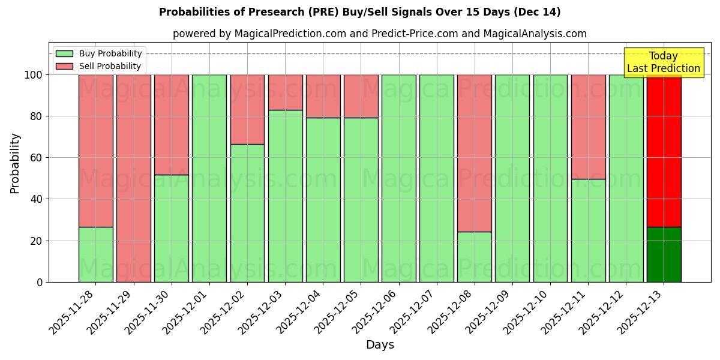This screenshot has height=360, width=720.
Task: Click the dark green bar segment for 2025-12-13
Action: (x=664, y=254)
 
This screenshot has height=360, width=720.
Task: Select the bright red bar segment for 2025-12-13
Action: (x=664, y=150)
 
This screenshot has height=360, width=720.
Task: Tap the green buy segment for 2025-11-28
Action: (x=95, y=254)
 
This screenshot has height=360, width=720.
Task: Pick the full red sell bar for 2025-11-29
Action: (x=133, y=178)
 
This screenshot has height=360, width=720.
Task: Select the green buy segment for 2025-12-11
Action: (x=588, y=230)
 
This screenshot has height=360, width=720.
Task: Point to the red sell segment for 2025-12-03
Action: (x=285, y=92)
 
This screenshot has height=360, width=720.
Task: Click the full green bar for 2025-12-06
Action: (x=398, y=178)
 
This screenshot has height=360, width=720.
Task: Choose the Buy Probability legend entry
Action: (x=99, y=54)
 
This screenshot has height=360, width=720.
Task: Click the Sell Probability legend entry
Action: (x=99, y=67)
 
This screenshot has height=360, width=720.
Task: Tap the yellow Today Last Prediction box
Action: (x=663, y=62)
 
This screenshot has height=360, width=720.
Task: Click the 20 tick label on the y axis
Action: (x=37, y=241)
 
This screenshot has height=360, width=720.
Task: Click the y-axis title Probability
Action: (x=15, y=163)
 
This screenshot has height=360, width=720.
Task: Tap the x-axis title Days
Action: (x=380, y=345)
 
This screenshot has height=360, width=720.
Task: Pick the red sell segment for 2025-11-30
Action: (x=171, y=125)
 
